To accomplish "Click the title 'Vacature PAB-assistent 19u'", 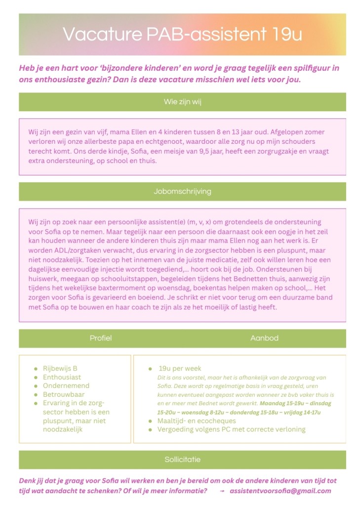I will pos(182,35).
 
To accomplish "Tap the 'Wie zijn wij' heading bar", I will pos(182,102).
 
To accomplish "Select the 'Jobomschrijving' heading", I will pos(182,191).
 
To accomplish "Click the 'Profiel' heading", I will pos(101,338).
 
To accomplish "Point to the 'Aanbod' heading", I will pos(264,338).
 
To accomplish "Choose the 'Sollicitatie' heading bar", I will pos(182,460).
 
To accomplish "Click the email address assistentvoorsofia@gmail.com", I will pos(280,491).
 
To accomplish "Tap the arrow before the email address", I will pos(222,491).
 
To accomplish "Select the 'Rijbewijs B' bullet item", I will pos(60,368).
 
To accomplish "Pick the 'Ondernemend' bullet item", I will pos(66,385).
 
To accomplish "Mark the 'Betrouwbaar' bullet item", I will pos(64,394).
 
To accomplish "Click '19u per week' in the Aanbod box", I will pos(180,369).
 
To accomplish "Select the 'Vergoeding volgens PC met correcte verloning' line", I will pos(231,429).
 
